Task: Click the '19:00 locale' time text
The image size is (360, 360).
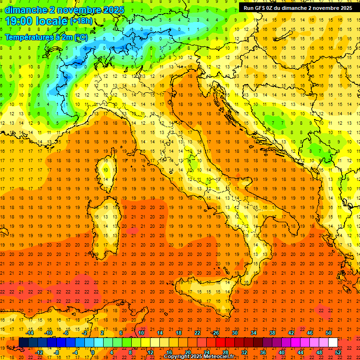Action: (x=37, y=21)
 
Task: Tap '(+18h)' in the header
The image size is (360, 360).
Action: (x=81, y=21)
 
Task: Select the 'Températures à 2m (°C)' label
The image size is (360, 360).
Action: (x=46, y=37)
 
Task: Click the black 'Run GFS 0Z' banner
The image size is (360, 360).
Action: (x=298, y=8)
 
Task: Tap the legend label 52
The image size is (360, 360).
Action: (x=338, y=352)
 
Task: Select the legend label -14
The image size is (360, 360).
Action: (x=30, y=333)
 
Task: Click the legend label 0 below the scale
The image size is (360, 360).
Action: (x=93, y=352)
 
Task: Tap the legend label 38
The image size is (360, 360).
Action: (x=272, y=333)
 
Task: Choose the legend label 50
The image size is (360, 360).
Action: (x=328, y=333)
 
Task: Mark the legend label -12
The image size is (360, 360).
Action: (x=39, y=352)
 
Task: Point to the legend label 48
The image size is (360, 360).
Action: (x=319, y=352)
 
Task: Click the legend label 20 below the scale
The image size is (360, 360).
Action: (x=187, y=352)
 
